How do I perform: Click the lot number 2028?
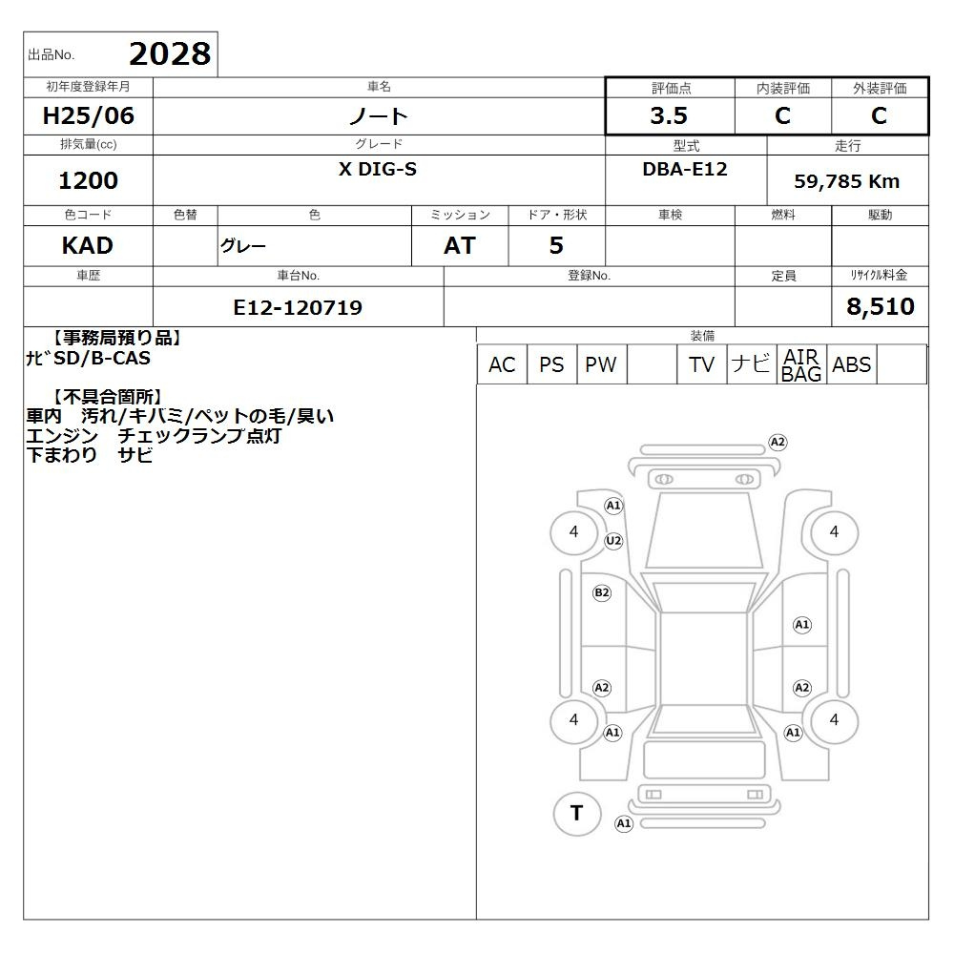point(170,54)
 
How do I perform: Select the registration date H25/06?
point(88,115)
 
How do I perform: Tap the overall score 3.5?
point(669,115)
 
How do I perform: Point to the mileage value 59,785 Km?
point(846,181)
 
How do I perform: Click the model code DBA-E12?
point(685,169)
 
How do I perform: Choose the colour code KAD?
point(88,246)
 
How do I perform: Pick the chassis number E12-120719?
point(298,307)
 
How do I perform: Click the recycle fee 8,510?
point(881,306)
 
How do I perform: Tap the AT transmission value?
point(460,246)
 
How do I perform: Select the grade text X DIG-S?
point(378,169)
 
